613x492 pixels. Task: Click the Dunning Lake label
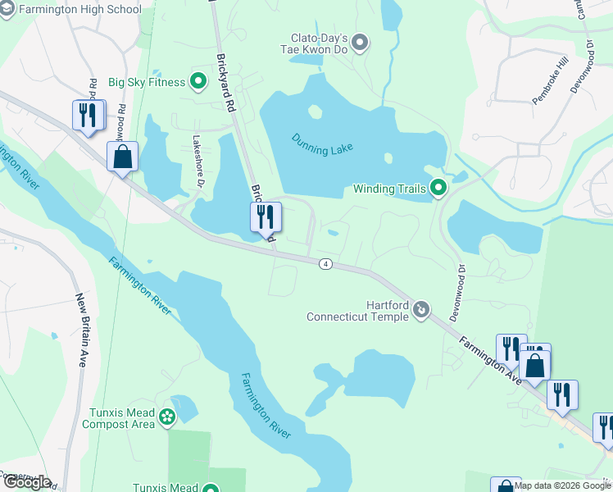tap(322, 144)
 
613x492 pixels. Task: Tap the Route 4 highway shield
tap(326, 263)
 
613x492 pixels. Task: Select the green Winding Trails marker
tap(438, 189)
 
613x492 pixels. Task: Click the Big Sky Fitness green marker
tap(198, 81)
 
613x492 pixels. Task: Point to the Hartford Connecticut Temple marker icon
tap(421, 309)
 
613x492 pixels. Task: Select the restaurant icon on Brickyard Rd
tap(266, 217)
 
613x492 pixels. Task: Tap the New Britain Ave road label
tap(81, 330)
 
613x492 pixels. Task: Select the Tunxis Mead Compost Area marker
tap(167, 417)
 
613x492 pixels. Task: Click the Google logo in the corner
tap(27, 482)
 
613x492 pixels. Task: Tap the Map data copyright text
tap(562, 485)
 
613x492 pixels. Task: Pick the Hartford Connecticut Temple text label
tap(357, 310)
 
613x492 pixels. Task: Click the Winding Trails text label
tap(389, 189)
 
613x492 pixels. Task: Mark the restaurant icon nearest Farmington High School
tap(89, 115)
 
